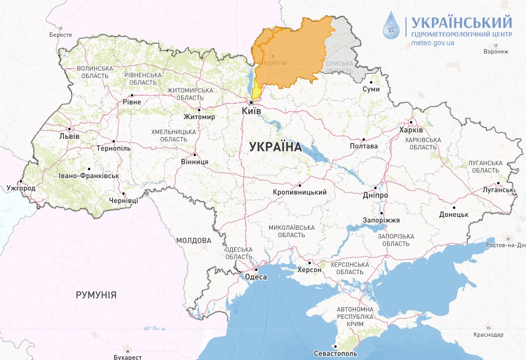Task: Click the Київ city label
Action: (x=252, y=111)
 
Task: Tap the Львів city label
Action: (x=69, y=136)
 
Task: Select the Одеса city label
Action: (x=256, y=277)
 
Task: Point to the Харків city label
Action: (x=410, y=130)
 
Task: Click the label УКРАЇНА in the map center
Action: (x=275, y=147)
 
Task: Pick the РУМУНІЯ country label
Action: (x=96, y=295)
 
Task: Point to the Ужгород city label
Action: (x=20, y=187)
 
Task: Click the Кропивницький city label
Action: (x=299, y=192)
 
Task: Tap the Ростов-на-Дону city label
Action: (x=505, y=245)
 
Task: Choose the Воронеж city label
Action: (x=496, y=52)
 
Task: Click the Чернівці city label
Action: (x=124, y=200)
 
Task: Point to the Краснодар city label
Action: (x=489, y=334)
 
